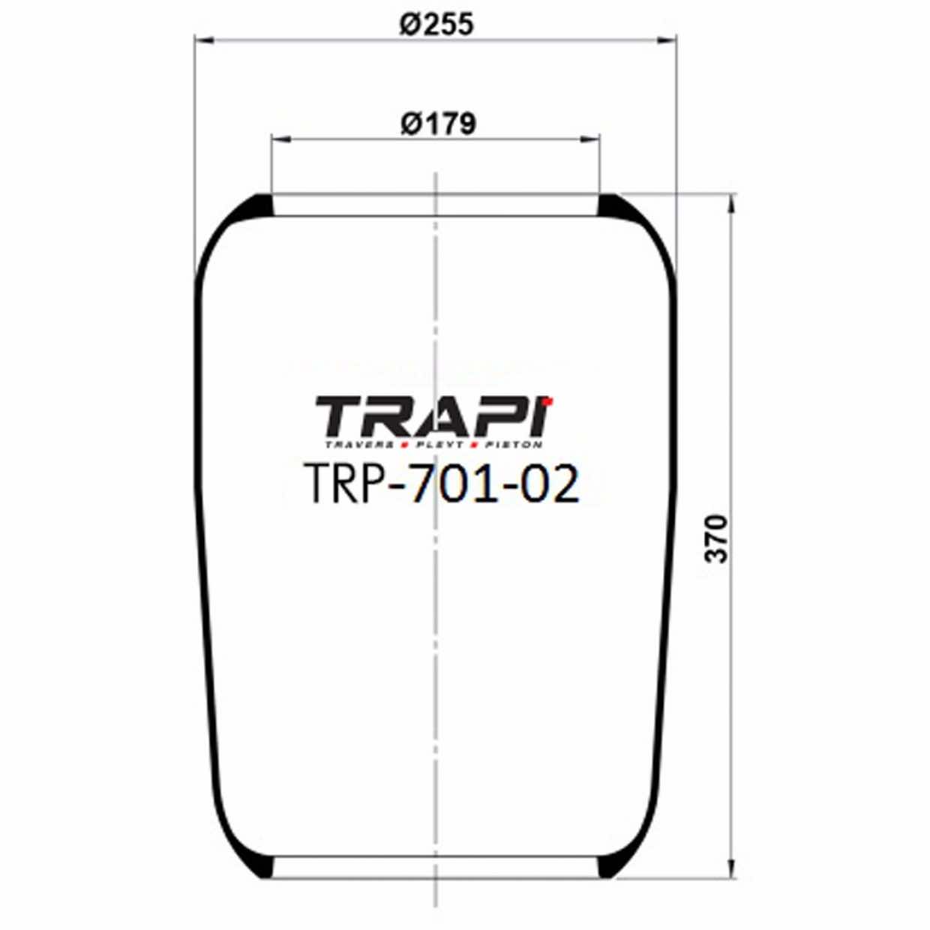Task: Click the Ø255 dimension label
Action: coord(436,24)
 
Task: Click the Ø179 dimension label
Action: coord(437,123)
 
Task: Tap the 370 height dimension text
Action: coord(717,538)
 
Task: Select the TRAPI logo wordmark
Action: coord(433,417)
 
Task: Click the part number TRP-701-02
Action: coord(442,484)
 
